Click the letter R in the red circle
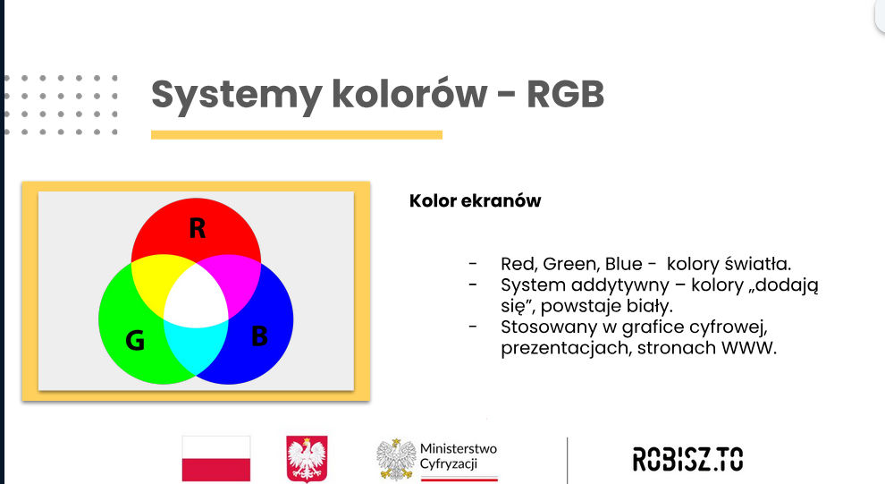point(197,228)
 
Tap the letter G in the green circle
point(135,340)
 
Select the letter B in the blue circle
point(259,335)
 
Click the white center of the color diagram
point(196,296)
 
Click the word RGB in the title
point(566,94)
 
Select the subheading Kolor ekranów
point(476,200)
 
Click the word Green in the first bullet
point(570,264)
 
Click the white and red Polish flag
point(216,459)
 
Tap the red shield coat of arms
point(307,459)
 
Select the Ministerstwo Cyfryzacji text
point(459,456)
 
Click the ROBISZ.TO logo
point(688,459)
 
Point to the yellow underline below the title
point(297,135)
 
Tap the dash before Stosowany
point(473,327)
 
